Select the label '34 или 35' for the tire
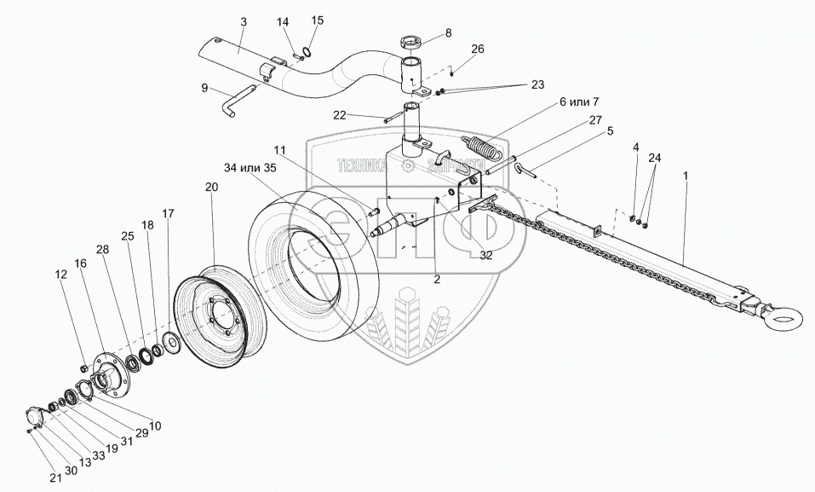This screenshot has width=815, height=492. coord(252,167)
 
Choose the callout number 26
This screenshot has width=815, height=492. coord(477,49)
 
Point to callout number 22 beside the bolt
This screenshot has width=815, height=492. coord(364,115)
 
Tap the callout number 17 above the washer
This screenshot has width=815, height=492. coord(168,214)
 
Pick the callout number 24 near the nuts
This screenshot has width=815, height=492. coord(653,158)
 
